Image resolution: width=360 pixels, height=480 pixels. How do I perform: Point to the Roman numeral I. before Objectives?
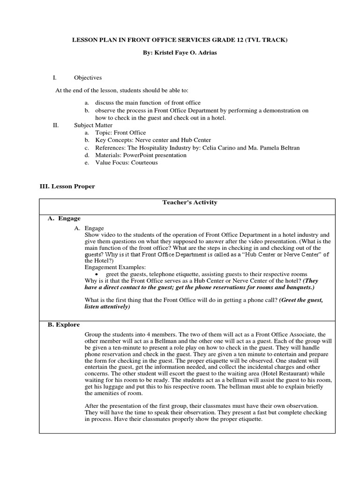pos(54,78)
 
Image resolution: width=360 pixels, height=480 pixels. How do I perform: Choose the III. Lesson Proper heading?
pos(67,187)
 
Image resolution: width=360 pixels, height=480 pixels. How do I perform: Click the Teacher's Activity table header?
pos(187,202)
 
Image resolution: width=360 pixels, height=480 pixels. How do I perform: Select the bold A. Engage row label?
pos(64,218)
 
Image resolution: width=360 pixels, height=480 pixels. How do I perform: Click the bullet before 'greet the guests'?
pos(96,274)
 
